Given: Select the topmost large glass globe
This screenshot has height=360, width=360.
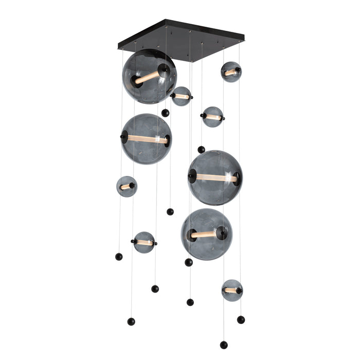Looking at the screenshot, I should click(149, 76).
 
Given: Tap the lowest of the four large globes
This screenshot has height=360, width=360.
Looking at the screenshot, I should click(206, 234).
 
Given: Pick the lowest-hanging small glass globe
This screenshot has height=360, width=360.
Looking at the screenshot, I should click(232, 290).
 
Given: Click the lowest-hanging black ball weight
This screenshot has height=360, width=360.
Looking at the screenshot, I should click(224, 345).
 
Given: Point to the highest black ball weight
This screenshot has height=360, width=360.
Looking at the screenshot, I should click(165, 113).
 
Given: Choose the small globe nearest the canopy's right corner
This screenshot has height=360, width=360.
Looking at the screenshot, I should click(231, 72).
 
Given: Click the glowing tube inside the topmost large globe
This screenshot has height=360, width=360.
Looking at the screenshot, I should click(147, 78).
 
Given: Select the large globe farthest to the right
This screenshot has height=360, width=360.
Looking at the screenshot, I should click(215, 178).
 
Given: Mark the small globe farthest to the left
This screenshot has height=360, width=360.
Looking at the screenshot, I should click(127, 186).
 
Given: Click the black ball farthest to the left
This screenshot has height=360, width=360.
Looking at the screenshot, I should click(119, 257).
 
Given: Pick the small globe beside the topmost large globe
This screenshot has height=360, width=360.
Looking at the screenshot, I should click(181, 96).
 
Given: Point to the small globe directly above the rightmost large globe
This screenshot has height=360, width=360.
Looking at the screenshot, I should click(212, 117).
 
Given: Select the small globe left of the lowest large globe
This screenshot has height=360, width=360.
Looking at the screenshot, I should click(144, 242).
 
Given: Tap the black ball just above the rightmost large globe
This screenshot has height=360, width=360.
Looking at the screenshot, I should click(201, 150).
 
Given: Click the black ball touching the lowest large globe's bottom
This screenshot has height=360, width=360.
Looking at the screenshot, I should click(189, 262).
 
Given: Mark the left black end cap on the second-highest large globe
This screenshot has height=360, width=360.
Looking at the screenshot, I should click(124, 137).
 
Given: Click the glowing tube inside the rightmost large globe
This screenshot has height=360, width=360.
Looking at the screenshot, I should click(216, 178).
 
